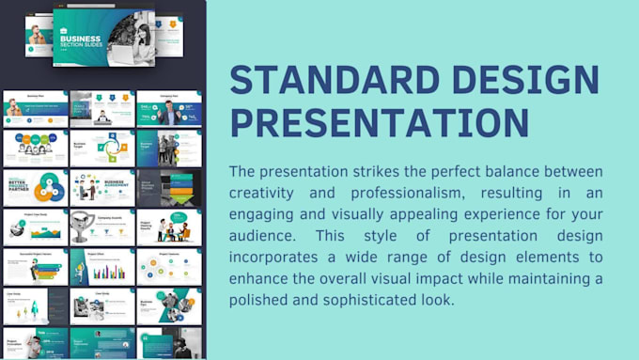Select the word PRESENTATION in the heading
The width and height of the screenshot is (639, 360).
coord(379,123)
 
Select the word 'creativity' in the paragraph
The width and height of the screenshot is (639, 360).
coord(266,191)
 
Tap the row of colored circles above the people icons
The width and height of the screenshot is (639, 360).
coord(35,139)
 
